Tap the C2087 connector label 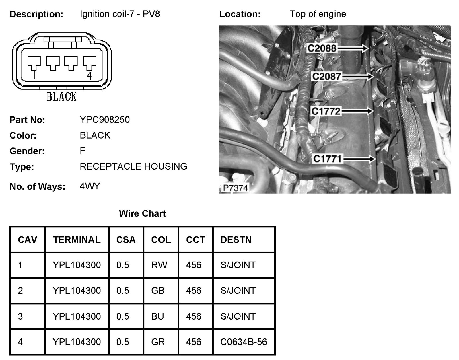[326, 77]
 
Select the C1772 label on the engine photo [326, 111]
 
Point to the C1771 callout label [327, 159]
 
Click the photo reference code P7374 [235, 188]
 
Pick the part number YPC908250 [105, 120]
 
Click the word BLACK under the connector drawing [62, 97]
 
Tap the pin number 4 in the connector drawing [90, 76]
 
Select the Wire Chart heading [142, 213]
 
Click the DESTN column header [236, 240]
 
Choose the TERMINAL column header [77, 240]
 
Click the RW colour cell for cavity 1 [159, 265]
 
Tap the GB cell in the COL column [158, 291]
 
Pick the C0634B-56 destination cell [244, 342]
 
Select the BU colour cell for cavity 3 [157, 316]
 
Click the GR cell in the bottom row [158, 342]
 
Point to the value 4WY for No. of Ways [90, 186]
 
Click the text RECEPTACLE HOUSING [133, 166]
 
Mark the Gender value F [82, 151]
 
